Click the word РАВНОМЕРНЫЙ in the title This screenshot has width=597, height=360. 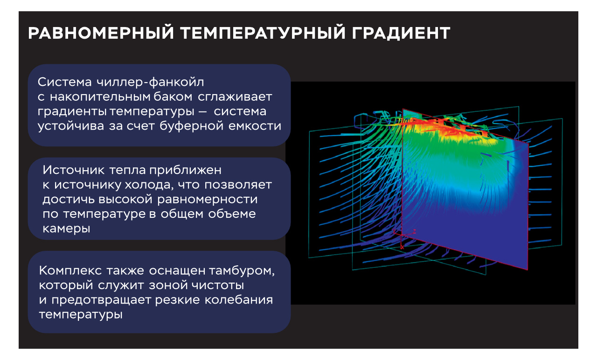[101, 33]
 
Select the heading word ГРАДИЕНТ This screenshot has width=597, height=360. [401, 33]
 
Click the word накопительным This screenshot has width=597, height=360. [101, 97]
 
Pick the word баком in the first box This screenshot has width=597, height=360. [173, 97]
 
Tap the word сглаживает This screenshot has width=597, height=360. [235, 97]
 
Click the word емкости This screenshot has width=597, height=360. [255, 126]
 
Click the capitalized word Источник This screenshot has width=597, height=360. [74, 170]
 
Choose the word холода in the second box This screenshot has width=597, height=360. [149, 185]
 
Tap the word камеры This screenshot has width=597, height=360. [66, 229]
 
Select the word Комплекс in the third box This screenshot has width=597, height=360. [70, 271]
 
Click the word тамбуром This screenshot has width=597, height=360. [242, 271]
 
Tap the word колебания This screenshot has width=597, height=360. [239, 300]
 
